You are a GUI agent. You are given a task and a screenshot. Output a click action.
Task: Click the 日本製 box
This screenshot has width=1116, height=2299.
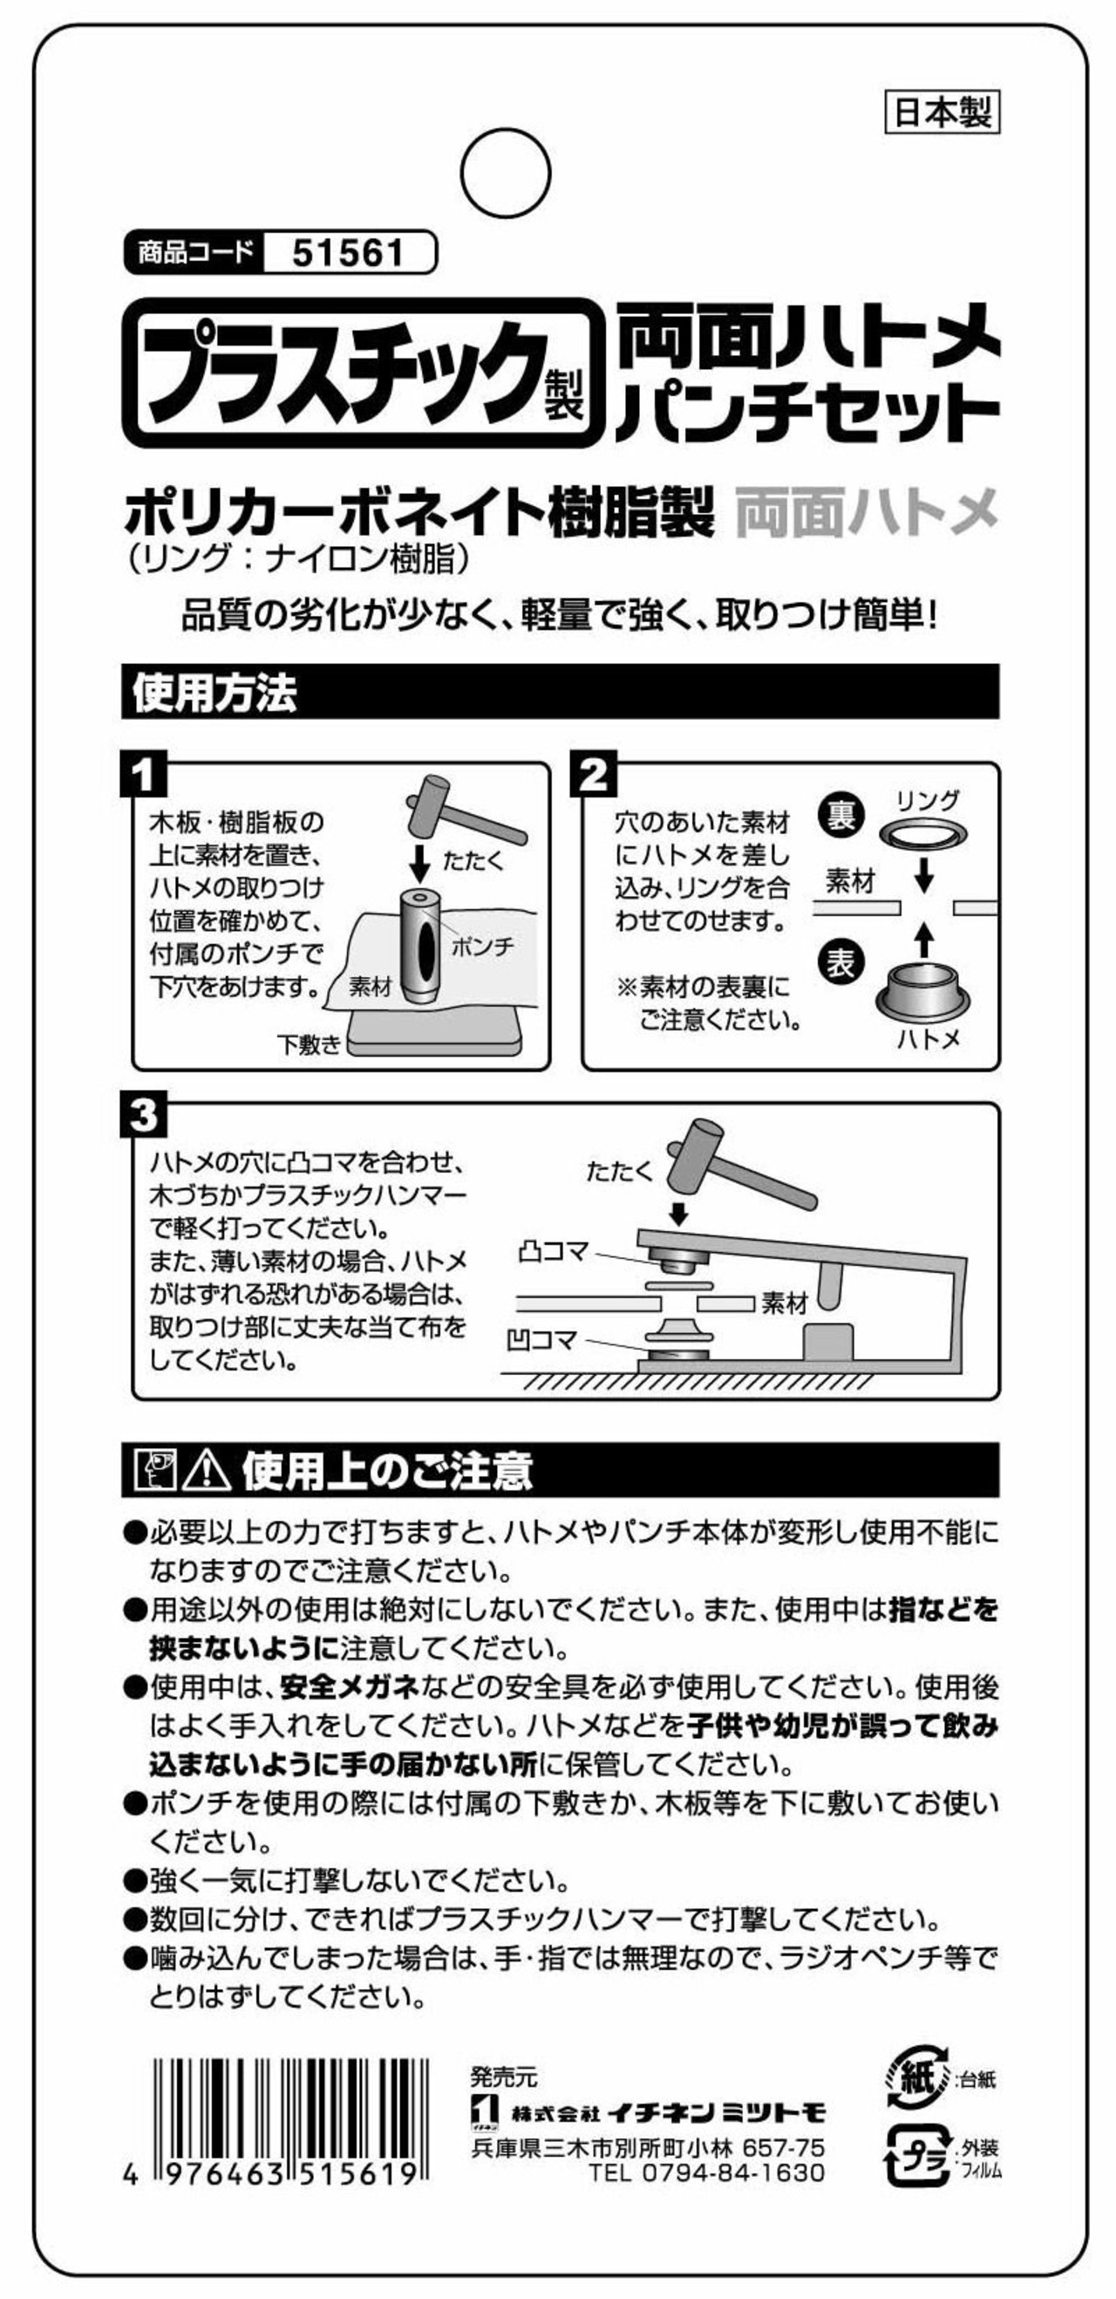click(942, 113)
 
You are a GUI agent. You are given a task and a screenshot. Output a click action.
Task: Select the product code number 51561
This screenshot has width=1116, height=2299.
click(348, 254)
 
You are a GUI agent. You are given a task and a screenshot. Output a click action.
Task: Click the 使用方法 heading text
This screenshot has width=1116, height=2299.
click(214, 693)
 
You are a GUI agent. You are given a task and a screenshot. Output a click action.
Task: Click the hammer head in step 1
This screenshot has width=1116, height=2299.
click(427, 803)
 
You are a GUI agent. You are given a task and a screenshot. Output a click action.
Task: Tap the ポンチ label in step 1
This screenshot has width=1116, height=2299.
click(483, 947)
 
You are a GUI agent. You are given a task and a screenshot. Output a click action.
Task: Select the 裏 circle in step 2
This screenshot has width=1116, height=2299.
click(840, 815)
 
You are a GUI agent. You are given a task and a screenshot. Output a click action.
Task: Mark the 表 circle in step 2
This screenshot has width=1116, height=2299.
click(840, 962)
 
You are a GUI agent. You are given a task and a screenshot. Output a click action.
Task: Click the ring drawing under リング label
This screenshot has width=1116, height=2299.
click(924, 833)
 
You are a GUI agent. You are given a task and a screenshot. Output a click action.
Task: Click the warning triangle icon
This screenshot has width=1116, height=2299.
click(206, 1470)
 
